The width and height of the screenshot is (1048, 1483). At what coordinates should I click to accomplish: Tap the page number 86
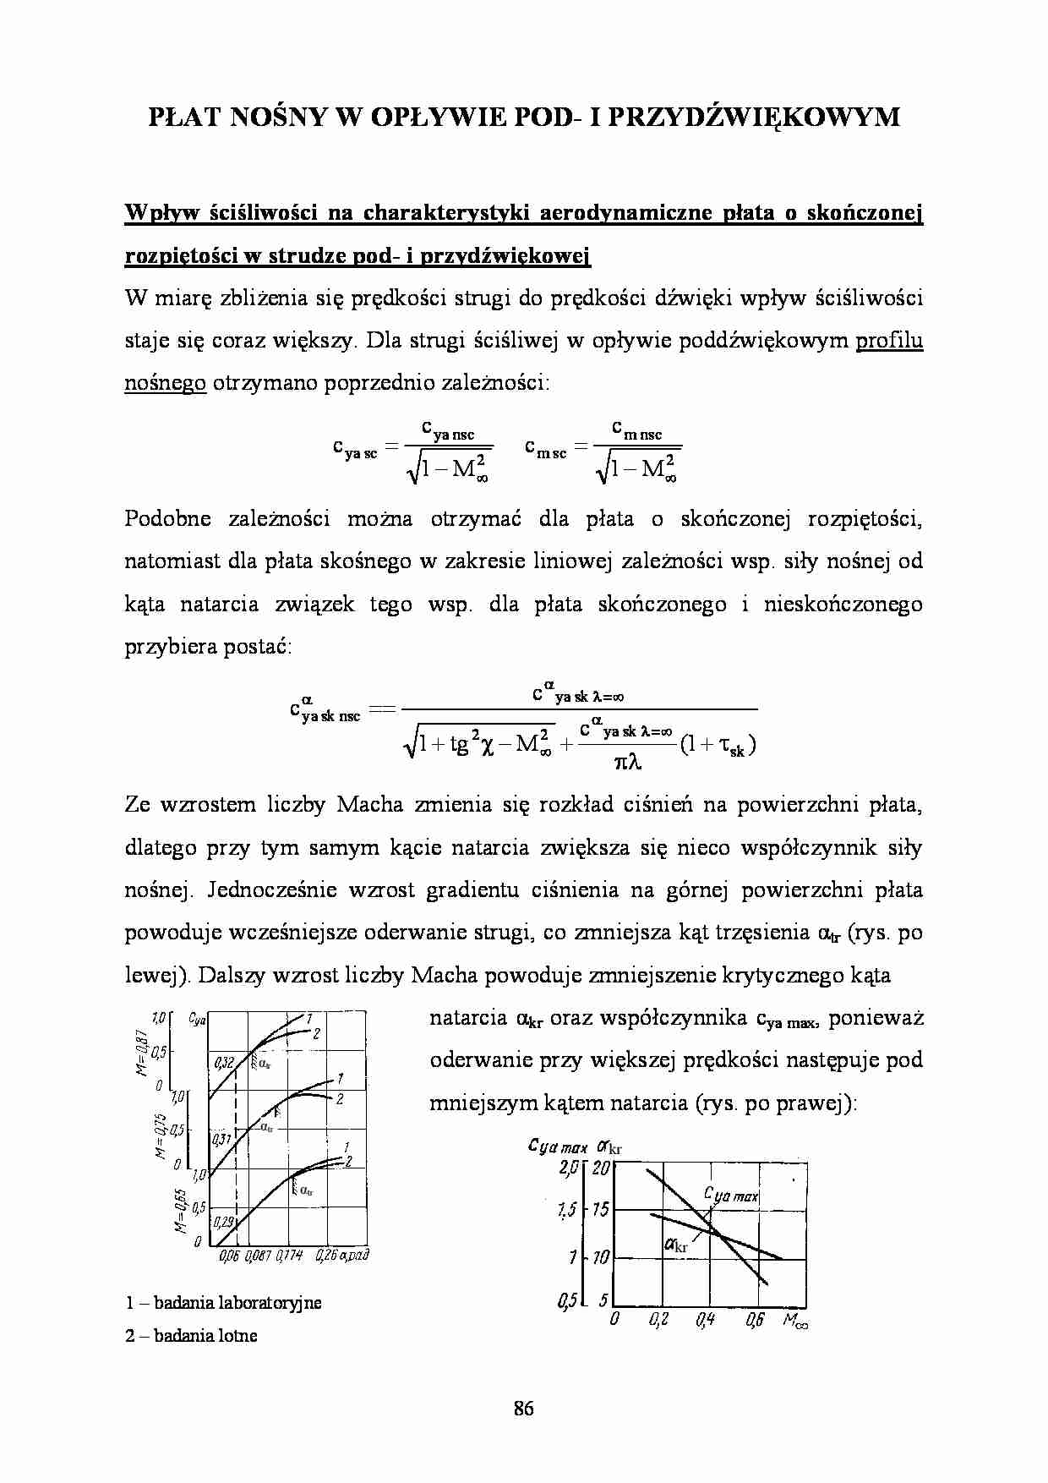pos(523,1408)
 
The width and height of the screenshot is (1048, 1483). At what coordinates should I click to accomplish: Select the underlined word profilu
pos(889,341)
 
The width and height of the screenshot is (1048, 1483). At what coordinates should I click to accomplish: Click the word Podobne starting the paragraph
pos(167,519)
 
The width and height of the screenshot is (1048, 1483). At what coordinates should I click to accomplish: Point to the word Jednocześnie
pos(271,890)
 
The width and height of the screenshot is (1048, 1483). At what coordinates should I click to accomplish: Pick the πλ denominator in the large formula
pos(627,763)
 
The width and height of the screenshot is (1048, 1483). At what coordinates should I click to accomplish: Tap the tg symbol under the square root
pos(460,744)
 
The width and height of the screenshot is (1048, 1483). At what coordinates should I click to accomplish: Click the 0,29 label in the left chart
pos(223,1222)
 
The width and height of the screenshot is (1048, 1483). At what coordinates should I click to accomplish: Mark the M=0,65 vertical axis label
pos(180,1210)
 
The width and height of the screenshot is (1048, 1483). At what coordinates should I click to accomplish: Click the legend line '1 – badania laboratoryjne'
pos(224,1302)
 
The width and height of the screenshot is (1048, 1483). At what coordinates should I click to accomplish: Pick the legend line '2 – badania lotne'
pos(192,1336)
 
